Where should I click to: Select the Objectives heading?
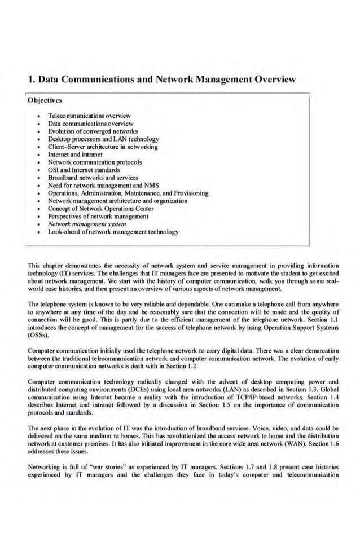coord(45,100)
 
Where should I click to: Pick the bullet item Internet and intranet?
coord(75,154)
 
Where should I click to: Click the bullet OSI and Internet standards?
coord(84,170)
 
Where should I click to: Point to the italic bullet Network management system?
coord(87,224)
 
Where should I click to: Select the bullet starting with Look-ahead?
coord(113,232)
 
